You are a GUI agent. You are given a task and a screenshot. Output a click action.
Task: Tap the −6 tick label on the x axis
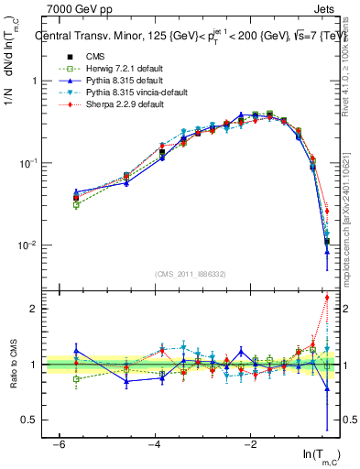pyautogui.click(x=58, y=443)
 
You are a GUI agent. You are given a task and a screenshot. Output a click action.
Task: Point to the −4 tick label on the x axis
pyautogui.click(x=154, y=443)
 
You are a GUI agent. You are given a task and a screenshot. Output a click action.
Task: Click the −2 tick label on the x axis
pyautogui.click(x=250, y=443)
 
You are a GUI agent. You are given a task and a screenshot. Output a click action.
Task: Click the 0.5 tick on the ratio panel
pyautogui.click(x=28, y=420)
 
